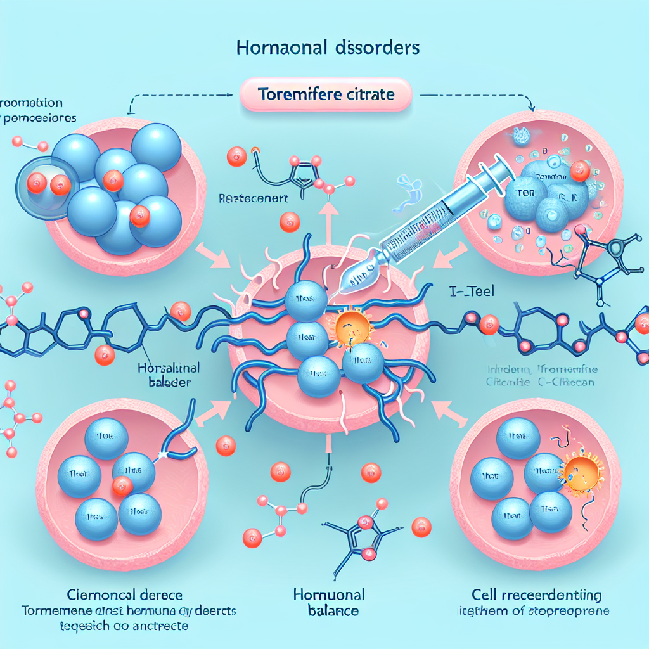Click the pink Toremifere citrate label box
tap(326, 96)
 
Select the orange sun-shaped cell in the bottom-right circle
tap(578, 470)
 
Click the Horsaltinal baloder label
tap(169, 375)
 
